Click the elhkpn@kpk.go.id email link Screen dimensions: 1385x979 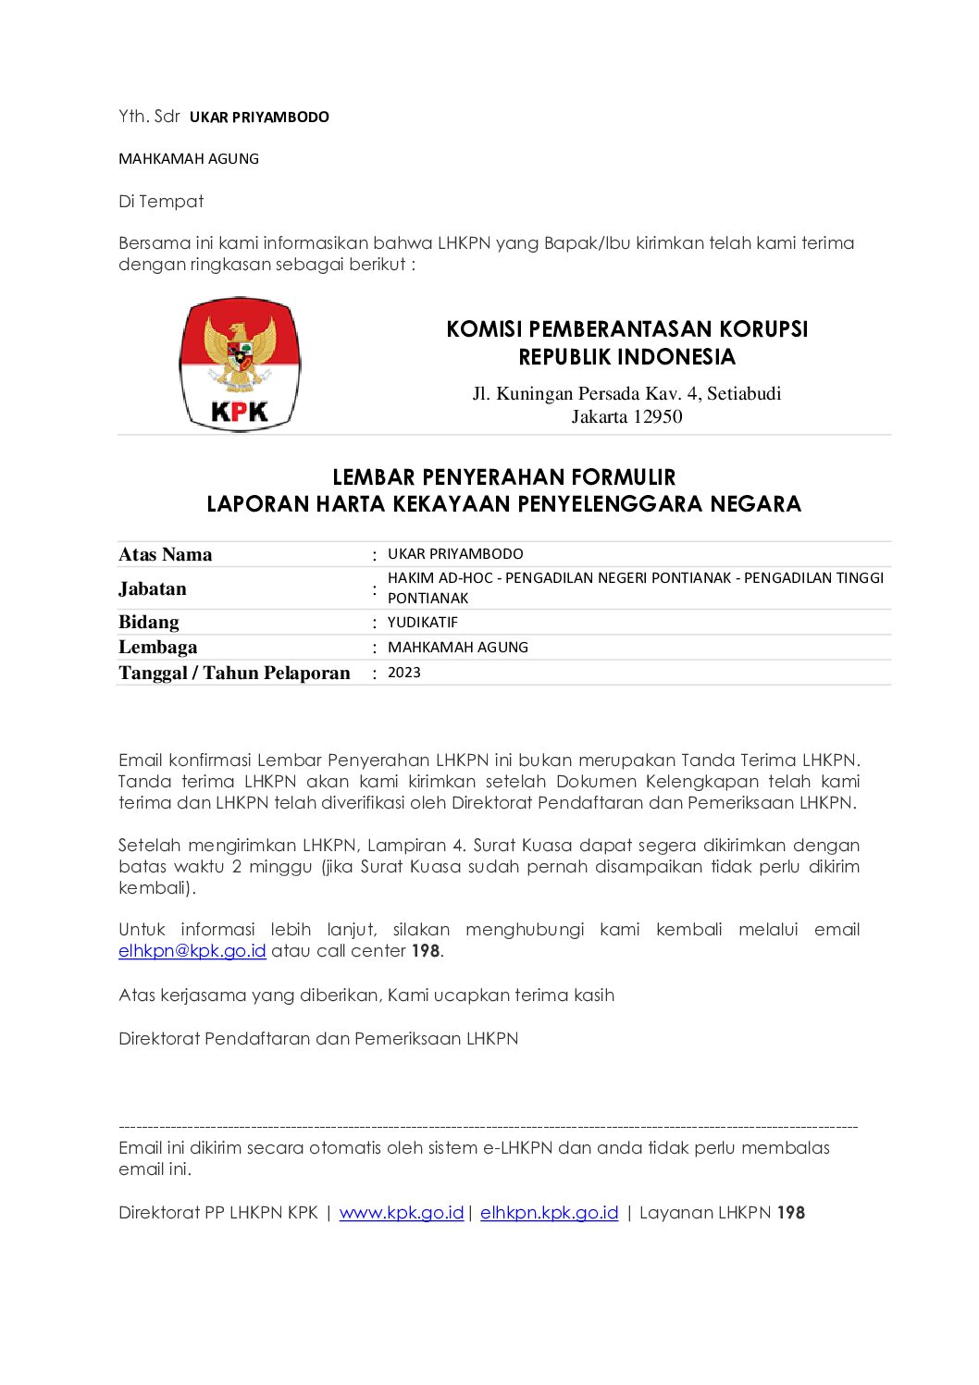(192, 950)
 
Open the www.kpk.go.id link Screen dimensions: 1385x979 (401, 1212)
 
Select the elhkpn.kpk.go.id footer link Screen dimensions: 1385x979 (549, 1212)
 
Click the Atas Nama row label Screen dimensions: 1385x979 (166, 554)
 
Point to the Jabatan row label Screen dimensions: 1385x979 (153, 588)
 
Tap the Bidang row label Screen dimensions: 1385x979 (149, 622)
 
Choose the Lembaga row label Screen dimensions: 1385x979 (157, 647)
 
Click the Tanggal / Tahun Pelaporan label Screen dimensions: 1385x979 (234, 673)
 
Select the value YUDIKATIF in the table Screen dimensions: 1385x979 (422, 622)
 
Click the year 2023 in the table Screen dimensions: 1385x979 (403, 673)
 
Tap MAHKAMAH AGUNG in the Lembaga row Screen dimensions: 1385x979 (457, 647)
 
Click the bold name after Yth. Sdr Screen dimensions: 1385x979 (259, 117)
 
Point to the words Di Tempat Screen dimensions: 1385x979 (161, 201)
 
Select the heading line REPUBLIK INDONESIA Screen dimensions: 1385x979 (626, 357)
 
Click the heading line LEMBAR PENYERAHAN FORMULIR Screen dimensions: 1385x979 (503, 477)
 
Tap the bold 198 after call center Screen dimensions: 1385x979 (426, 950)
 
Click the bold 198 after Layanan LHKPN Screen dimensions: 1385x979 (790, 1212)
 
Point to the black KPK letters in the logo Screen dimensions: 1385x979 (240, 411)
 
